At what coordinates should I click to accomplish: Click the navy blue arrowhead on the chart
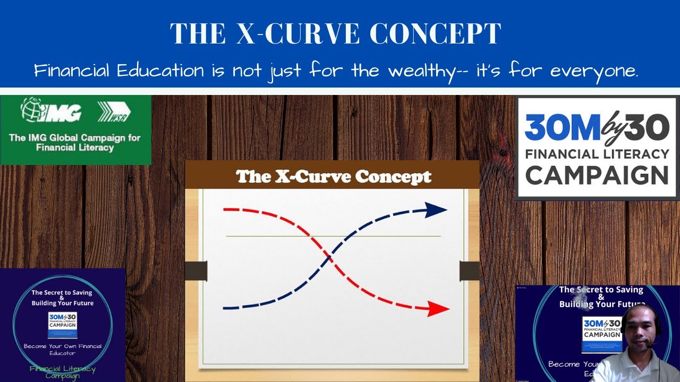438,210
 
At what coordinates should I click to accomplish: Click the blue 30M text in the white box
562,129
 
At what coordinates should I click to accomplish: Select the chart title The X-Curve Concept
333,177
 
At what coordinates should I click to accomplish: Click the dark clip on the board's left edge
196,271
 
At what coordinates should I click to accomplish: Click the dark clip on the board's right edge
469,271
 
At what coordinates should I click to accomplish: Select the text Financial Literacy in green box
75,147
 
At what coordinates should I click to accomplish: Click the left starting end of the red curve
226,210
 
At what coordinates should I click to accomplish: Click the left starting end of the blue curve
226,308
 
